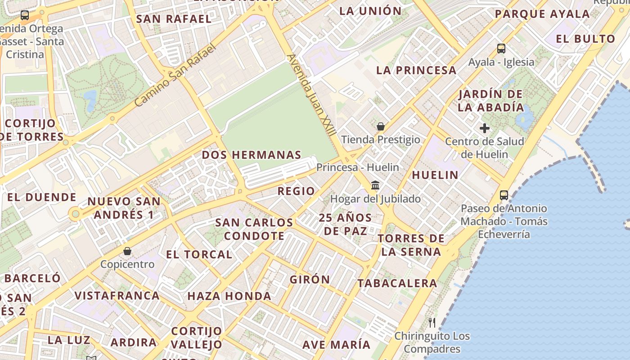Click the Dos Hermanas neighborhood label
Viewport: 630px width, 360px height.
252,155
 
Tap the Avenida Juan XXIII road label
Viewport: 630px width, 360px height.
311,95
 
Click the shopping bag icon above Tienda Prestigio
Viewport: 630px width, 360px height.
381,126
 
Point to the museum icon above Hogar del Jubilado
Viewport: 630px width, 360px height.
375,185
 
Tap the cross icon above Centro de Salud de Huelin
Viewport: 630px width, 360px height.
485,128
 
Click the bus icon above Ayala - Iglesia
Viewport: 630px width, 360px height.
501,49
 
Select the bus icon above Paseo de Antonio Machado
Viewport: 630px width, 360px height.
504,195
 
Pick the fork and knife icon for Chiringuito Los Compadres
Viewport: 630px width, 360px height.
432,322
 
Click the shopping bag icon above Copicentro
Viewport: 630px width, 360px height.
127,251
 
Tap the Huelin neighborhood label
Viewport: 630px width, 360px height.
435,175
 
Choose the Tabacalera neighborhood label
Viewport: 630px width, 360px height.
397,283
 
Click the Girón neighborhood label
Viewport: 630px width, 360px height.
310,279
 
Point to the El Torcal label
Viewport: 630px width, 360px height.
199,254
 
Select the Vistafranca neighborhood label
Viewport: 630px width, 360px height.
117,296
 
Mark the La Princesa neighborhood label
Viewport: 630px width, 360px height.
416,70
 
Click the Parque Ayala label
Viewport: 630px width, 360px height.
542,14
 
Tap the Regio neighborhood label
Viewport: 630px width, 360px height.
296,191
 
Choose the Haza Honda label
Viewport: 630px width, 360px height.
229,296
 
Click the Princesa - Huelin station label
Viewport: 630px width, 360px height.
358,167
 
